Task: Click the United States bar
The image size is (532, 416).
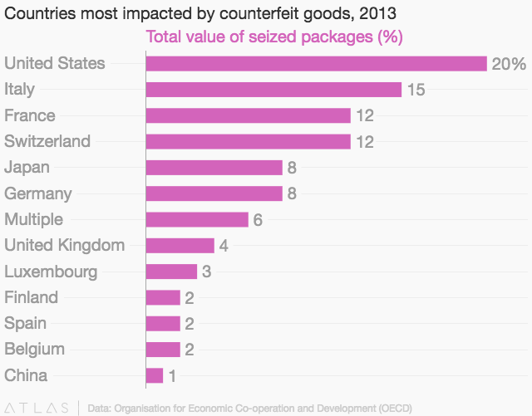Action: coord(317,63)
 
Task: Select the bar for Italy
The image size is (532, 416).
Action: coord(273,90)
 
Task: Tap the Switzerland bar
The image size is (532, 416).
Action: coord(249,141)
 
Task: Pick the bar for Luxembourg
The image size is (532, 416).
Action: coord(172,272)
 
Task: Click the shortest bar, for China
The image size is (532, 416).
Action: coord(155,375)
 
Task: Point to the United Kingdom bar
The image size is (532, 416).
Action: coord(180,246)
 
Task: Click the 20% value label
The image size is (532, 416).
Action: coord(509,64)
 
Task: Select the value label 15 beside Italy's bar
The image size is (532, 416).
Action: coord(416,90)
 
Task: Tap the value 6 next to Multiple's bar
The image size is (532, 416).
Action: coord(258,220)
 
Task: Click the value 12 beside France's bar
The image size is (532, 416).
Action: coord(365,115)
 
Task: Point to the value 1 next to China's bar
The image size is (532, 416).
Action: coord(172,376)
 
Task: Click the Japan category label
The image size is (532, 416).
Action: coord(27,168)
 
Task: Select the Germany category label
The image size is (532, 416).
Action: coord(38,194)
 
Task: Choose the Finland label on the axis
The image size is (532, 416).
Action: coord(32,297)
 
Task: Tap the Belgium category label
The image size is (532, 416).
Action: coord(34,350)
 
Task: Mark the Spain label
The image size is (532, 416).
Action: coord(26,324)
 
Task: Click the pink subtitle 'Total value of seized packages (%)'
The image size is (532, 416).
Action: coord(274,37)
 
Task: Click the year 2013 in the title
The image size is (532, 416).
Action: coord(377,13)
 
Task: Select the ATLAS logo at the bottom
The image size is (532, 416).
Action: coord(36,408)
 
